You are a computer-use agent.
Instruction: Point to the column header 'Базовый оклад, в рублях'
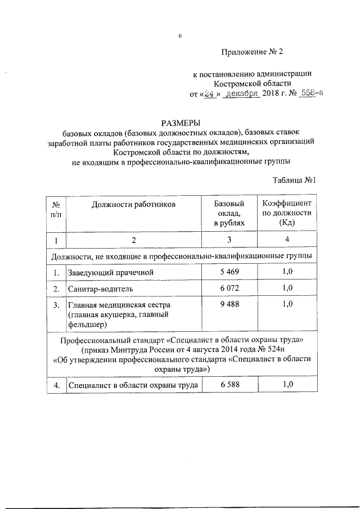click(229, 213)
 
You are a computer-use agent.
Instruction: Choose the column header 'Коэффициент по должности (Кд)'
click(287, 213)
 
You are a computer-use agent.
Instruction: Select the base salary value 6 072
click(229, 289)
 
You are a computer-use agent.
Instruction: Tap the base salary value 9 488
click(229, 304)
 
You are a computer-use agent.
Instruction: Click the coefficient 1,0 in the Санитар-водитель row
click(287, 289)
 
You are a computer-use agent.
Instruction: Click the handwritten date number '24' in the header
click(210, 94)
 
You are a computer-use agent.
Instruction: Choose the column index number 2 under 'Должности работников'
click(134, 240)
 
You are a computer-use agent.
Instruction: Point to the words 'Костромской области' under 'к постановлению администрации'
click(254, 83)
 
